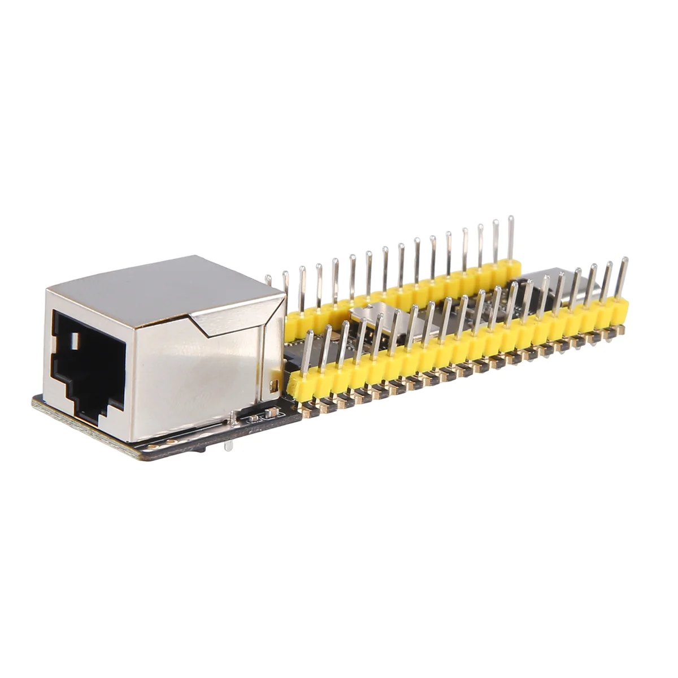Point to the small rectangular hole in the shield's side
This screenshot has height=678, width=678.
click(x=275, y=386)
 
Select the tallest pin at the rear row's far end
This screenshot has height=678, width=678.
click(x=511, y=237)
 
